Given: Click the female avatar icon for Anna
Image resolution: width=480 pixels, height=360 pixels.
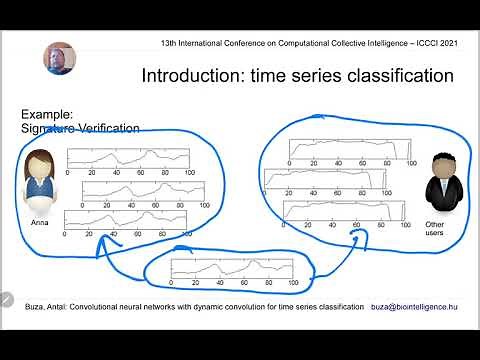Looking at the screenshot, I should (x=41, y=179).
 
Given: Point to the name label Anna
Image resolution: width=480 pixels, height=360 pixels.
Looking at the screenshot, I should (x=40, y=221).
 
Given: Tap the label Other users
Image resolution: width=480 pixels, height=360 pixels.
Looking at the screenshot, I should (x=435, y=230).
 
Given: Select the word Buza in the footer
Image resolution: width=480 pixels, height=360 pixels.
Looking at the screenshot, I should (x=18, y=307).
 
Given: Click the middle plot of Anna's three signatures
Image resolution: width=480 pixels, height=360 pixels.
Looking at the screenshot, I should (x=145, y=189).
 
